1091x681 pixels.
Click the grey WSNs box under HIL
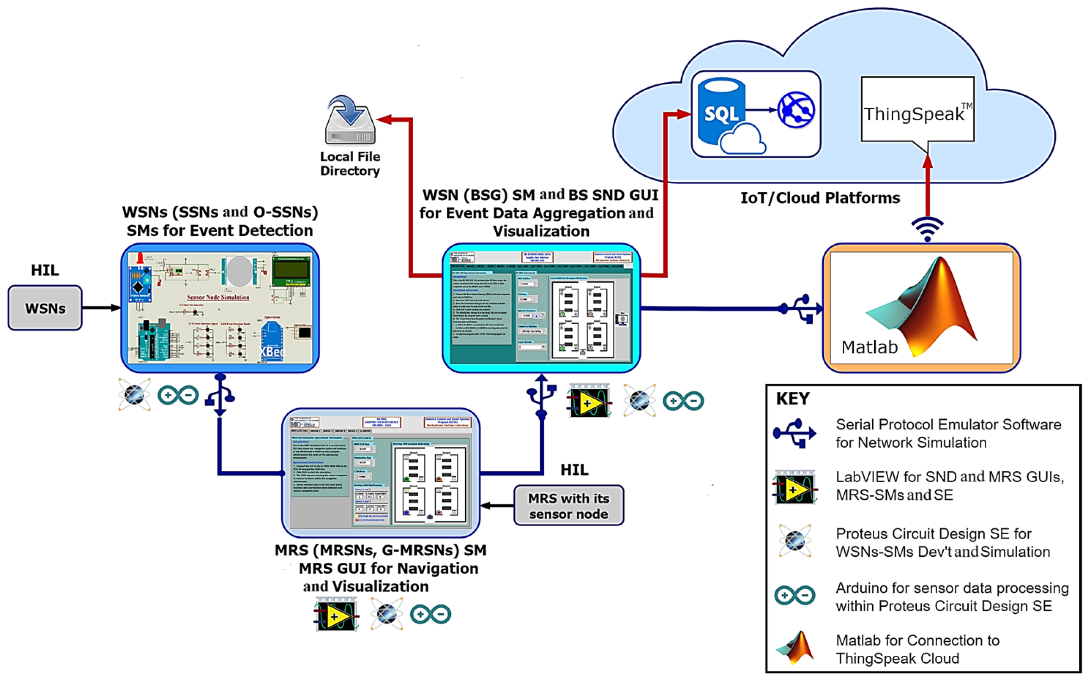pos(45,308)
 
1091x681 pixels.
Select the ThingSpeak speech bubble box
pos(917,111)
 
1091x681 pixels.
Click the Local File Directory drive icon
pos(350,121)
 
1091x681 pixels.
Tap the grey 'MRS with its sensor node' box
pos(569,505)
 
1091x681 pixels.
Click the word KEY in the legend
pos(793,398)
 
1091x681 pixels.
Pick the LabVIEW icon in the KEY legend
pos(795,487)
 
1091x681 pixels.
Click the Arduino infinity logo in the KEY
pos(795,596)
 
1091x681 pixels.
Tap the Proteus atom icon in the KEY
pos(795,541)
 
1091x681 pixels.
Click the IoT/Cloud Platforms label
pos(820,198)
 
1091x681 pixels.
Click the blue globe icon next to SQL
pos(796,111)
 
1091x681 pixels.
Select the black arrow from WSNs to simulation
pos(101,308)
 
